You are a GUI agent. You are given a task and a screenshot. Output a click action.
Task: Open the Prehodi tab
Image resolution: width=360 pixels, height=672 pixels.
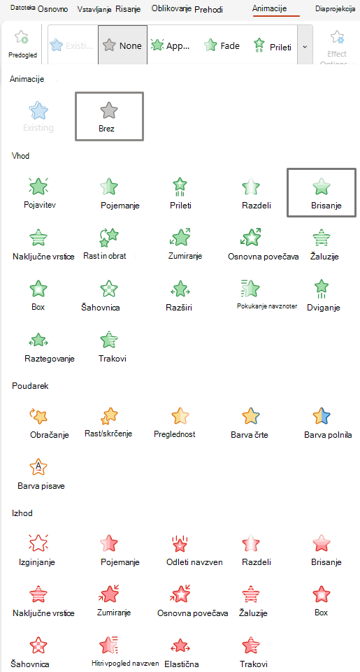tap(208, 9)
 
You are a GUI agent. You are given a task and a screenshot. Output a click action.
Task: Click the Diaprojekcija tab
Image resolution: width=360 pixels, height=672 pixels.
tap(335, 8)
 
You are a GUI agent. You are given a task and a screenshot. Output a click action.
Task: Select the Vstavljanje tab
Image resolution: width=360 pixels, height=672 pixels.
tap(95, 9)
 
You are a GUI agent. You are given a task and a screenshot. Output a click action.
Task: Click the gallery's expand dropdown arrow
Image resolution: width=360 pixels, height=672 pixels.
tap(305, 46)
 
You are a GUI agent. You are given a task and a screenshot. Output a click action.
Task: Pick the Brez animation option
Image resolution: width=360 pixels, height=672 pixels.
tap(109, 117)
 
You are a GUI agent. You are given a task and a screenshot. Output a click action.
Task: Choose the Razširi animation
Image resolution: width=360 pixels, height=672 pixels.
tap(180, 294)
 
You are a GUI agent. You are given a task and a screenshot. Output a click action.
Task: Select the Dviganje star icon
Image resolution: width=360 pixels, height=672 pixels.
tap(322, 287)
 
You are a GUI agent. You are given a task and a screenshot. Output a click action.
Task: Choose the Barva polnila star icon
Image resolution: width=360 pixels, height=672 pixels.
tap(322, 415)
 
